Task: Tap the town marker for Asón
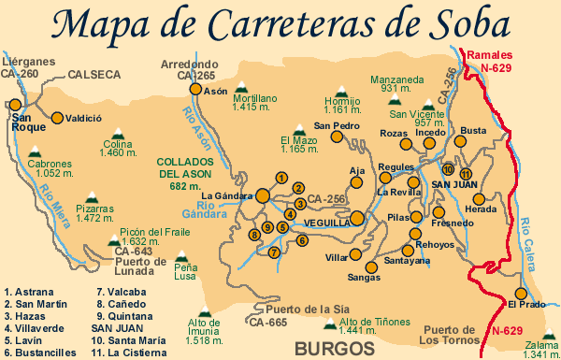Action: tap(195, 90)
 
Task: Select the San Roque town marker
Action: tap(14, 106)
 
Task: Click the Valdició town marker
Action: tap(57, 119)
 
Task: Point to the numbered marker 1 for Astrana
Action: tap(280, 177)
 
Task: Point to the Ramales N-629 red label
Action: tap(501, 63)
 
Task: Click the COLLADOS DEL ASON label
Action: tap(185, 173)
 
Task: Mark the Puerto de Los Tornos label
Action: tap(451, 334)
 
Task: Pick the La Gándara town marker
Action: tap(264, 195)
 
